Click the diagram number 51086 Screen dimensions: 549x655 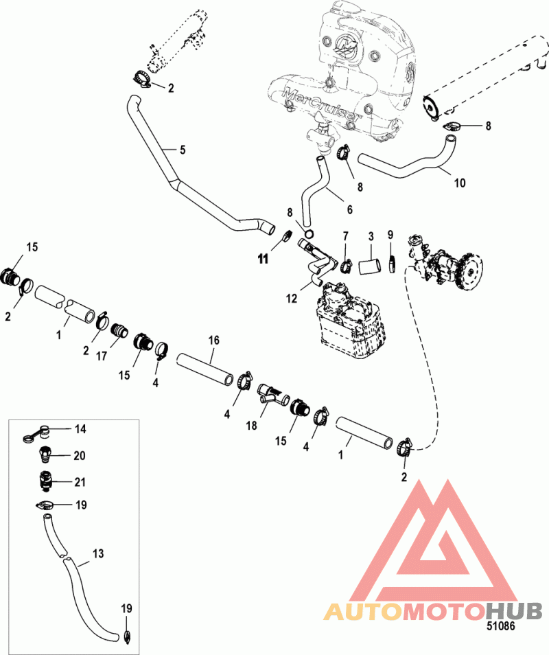[x=500, y=626]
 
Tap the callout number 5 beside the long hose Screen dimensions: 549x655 [x=183, y=150]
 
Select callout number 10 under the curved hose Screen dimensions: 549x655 [x=460, y=183]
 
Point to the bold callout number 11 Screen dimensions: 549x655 [x=263, y=260]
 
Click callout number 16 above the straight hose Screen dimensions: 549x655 [x=213, y=341]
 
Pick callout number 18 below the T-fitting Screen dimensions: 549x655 [x=251, y=426]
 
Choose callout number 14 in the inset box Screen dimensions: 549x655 [x=80, y=429]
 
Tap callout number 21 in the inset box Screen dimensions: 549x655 [x=80, y=482]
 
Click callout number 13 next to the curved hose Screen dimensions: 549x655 [x=98, y=553]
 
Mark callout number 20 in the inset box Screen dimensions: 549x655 [x=80, y=455]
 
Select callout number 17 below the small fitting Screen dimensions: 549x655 [x=102, y=356]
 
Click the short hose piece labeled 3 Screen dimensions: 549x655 [x=369, y=266]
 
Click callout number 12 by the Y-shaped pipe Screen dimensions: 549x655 [x=292, y=298]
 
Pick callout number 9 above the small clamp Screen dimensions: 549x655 [x=390, y=235]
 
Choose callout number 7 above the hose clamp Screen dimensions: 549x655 [x=346, y=237]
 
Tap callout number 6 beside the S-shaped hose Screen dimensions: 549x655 [x=350, y=209]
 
